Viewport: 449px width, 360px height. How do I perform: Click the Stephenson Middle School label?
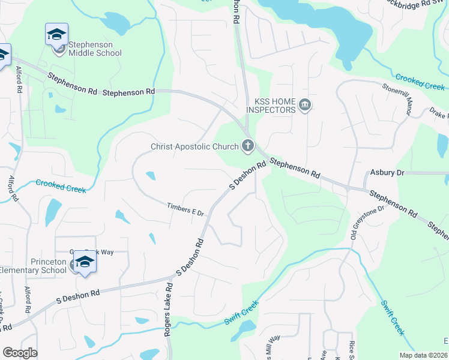click(95, 49)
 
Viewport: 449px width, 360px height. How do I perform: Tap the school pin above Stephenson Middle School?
click(56, 34)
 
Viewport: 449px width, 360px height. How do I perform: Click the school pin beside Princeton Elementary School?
click(84, 262)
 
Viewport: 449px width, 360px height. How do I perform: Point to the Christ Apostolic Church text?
click(194, 147)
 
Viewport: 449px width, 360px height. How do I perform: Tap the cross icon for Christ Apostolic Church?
click(247, 145)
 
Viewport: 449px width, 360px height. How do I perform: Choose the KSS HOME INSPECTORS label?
click(271, 106)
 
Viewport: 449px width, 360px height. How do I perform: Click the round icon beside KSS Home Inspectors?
click(305, 106)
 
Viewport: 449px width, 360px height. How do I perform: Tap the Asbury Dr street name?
click(388, 172)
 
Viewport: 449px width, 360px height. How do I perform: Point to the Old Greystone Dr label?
click(367, 223)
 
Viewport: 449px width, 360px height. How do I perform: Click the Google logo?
click(20, 353)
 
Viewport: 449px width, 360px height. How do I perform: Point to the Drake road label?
click(439, 112)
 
